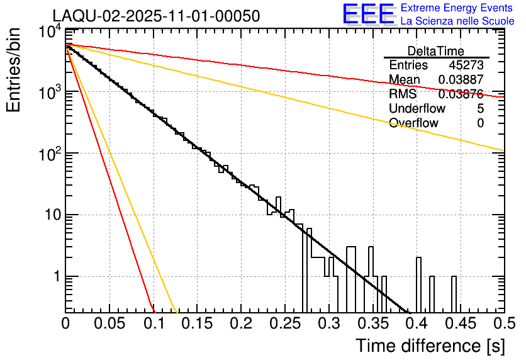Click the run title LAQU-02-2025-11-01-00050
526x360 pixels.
click(x=156, y=16)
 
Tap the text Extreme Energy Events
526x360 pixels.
click(x=456, y=8)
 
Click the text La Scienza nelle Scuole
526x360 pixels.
click(x=457, y=21)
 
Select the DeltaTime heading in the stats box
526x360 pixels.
click(x=436, y=51)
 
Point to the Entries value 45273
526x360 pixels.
click(x=466, y=65)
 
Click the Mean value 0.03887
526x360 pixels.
click(x=461, y=80)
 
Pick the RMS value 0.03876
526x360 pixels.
click(x=461, y=94)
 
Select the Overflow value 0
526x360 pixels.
click(x=480, y=123)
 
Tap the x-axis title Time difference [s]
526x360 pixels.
click(x=430, y=346)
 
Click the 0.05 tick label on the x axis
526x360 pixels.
click(x=109, y=323)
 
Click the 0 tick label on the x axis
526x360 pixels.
click(x=66, y=323)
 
